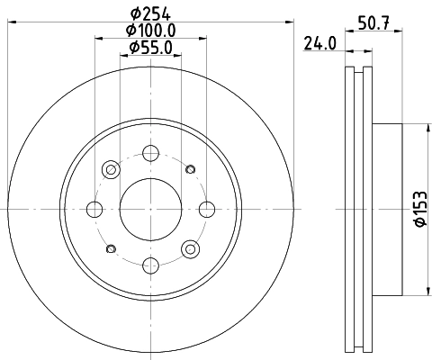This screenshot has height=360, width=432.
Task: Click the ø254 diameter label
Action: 150,11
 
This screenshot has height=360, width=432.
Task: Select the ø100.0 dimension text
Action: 150,31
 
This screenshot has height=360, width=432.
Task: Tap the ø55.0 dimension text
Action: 150,47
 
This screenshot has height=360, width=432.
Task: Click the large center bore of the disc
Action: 150,209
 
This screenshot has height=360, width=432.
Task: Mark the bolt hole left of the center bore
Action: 94,210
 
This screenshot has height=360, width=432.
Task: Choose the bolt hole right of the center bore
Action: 206,210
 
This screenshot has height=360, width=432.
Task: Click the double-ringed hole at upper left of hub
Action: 111,169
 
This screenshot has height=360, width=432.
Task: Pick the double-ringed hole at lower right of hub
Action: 190,249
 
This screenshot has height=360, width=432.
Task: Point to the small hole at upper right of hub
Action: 190,169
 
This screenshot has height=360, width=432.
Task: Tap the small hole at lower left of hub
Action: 111,249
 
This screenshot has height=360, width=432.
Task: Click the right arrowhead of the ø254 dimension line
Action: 291,22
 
